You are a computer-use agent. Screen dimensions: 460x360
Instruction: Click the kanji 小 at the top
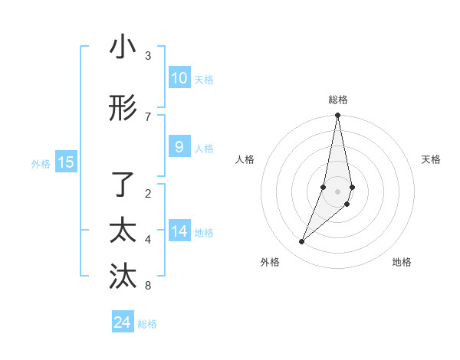click(123, 47)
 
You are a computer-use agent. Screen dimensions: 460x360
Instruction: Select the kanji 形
click(123, 109)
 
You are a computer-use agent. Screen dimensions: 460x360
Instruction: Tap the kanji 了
click(123, 185)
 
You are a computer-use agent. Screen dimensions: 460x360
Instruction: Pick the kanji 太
click(123, 231)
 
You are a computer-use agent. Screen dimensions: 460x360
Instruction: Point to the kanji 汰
click(123, 277)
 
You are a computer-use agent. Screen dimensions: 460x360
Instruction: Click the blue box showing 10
click(179, 78)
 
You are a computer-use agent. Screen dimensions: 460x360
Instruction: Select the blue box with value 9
click(179, 147)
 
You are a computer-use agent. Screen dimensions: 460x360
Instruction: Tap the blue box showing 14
click(179, 231)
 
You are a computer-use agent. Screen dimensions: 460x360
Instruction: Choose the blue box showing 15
click(66, 162)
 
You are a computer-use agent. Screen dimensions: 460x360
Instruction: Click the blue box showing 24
click(123, 322)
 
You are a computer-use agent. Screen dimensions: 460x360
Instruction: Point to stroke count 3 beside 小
click(148, 56)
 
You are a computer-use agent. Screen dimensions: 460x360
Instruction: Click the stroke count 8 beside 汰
click(148, 286)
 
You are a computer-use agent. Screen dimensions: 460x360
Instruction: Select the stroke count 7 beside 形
click(148, 116)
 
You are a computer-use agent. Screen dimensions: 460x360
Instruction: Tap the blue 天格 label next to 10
click(204, 80)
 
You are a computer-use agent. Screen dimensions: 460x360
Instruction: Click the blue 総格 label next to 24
click(147, 324)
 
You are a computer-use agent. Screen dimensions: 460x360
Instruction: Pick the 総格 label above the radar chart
click(338, 100)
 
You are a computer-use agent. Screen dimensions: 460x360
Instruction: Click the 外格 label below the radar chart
click(270, 262)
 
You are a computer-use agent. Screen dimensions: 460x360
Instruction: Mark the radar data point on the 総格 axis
click(337, 116)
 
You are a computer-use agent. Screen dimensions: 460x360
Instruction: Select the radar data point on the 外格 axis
click(301, 241)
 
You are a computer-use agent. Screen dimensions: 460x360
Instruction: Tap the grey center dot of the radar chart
click(337, 191)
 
